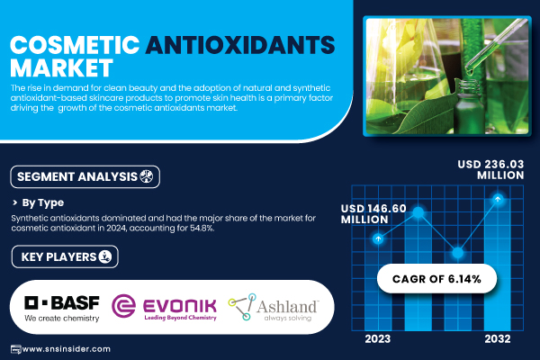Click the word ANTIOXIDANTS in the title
240,45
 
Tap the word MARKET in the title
61,67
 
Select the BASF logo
62,309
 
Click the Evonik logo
165,306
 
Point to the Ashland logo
274,307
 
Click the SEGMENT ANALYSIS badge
85,176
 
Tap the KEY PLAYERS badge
65,256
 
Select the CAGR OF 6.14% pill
436,279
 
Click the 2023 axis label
378,339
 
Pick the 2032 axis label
498,339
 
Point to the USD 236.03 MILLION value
490,169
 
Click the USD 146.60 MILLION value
373,213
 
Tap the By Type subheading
43,202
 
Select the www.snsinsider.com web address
66,349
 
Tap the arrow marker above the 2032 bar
498,199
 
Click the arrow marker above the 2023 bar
378,238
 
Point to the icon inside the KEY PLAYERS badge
105,256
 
